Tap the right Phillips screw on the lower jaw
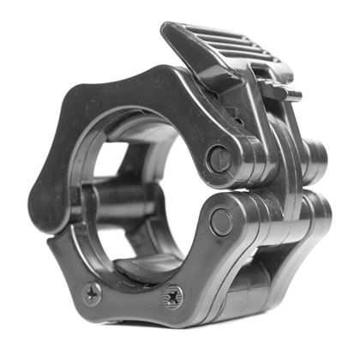pyautogui.click(x=172, y=297)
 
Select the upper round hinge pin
pyautogui.click(x=219, y=159)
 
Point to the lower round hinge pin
pyautogui.click(x=221, y=221)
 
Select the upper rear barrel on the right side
pyautogui.click(x=314, y=159)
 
